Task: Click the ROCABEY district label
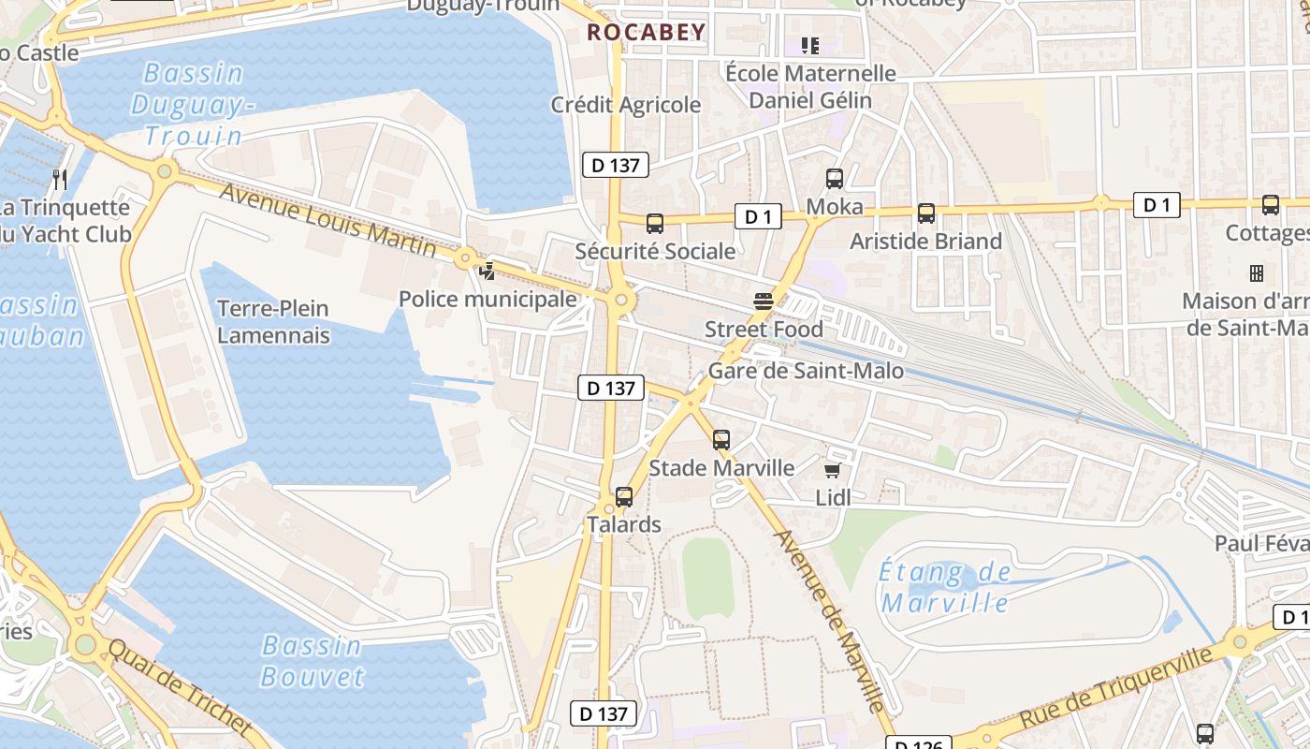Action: click(x=646, y=33)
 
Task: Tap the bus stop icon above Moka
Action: click(x=834, y=178)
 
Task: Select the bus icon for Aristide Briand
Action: click(x=925, y=213)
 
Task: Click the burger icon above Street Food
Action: click(x=764, y=301)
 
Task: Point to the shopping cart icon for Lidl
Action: click(x=832, y=470)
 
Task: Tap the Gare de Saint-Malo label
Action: click(x=806, y=371)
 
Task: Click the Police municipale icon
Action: click(x=487, y=272)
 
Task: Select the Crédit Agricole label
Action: click(x=626, y=105)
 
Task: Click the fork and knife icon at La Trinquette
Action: click(x=60, y=179)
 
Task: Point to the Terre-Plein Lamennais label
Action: click(x=273, y=321)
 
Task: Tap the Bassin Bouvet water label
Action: click(x=311, y=660)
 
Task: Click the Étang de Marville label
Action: click(x=945, y=587)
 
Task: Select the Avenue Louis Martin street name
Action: click(x=327, y=218)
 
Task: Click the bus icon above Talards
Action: click(x=624, y=497)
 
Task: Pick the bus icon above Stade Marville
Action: click(x=720, y=439)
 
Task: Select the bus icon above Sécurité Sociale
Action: click(x=655, y=224)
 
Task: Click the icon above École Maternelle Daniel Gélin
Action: click(x=810, y=45)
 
